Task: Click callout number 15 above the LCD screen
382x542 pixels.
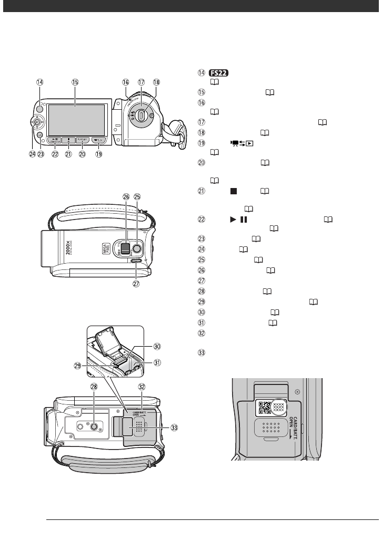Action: coord(75,82)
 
